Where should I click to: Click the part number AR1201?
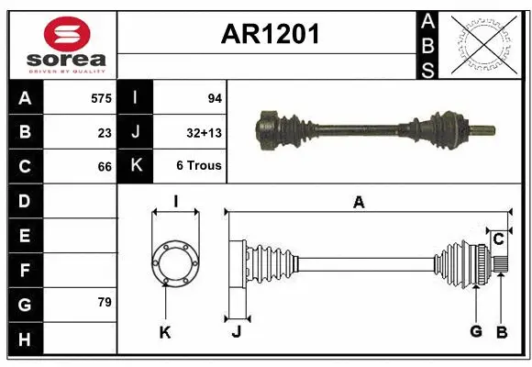click(270, 35)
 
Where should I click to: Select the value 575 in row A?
click(100, 97)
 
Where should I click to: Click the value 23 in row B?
click(105, 132)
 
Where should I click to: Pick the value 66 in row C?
click(105, 167)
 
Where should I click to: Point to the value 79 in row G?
click(104, 302)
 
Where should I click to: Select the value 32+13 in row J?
click(205, 132)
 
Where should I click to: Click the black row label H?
click(25, 340)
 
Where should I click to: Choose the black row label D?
click(25, 201)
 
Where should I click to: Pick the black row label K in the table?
click(136, 166)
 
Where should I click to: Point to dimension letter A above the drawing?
click(359, 202)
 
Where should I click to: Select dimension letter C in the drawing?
click(498, 239)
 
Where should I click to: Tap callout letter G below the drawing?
click(475, 332)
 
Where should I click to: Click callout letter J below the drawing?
click(236, 332)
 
